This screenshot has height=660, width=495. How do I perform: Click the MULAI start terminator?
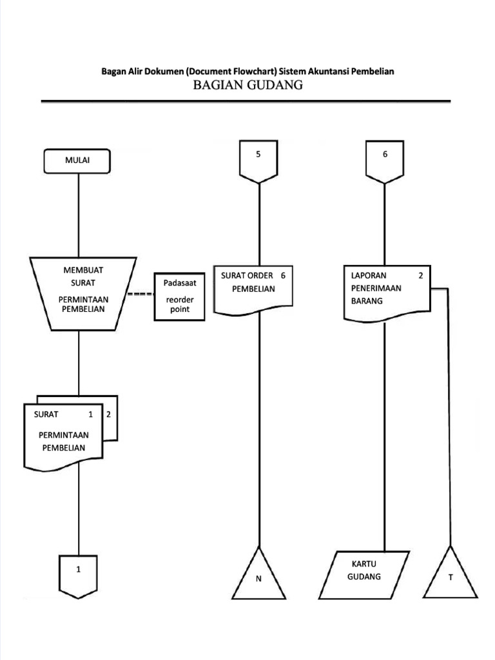[x=77, y=161]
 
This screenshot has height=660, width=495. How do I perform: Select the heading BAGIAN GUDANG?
[x=248, y=85]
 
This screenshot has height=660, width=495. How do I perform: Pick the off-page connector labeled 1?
[x=79, y=573]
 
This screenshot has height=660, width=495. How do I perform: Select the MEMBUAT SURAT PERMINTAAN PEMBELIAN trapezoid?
[x=83, y=293]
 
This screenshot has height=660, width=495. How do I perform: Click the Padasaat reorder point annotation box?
[x=179, y=296]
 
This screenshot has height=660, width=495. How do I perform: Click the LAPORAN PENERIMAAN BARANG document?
[x=385, y=293]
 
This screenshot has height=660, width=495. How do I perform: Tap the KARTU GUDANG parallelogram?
[x=365, y=573]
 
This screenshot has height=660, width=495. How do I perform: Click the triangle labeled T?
[x=451, y=576]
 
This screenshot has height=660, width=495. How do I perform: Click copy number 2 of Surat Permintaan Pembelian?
[x=109, y=414]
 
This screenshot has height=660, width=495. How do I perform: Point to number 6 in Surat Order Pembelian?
[x=283, y=275]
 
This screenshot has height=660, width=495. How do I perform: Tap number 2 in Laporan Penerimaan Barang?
[x=420, y=276]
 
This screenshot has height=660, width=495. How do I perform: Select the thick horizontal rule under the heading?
[x=246, y=101]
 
